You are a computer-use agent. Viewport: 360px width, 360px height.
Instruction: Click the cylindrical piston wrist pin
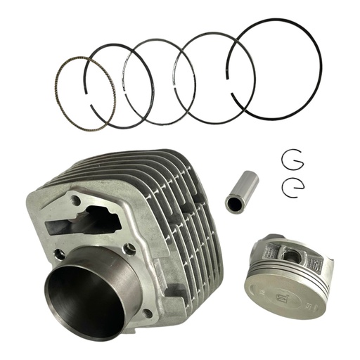[x=241, y=192]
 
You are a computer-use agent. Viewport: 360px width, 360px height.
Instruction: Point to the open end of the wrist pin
[x=232, y=204]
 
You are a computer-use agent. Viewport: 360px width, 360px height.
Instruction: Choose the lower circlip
[x=293, y=186]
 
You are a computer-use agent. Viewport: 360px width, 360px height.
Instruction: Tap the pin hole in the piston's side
[x=290, y=255]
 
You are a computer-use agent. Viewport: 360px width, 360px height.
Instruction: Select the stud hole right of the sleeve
[x=129, y=247]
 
